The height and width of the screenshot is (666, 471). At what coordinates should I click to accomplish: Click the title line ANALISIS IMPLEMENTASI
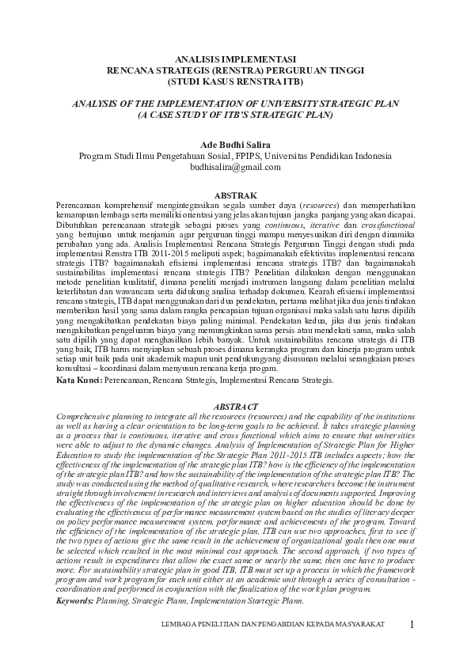pyautogui.click(x=235, y=59)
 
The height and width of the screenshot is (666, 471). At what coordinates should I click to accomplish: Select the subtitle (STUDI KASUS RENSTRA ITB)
pyautogui.click(x=235, y=80)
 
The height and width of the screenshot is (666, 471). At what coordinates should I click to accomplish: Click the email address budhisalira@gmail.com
pyautogui.click(x=235, y=168)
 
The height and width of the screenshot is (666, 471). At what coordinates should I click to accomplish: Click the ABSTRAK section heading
pyautogui.click(x=235, y=195)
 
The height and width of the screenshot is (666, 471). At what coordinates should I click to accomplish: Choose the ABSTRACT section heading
pyautogui.click(x=235, y=406)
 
